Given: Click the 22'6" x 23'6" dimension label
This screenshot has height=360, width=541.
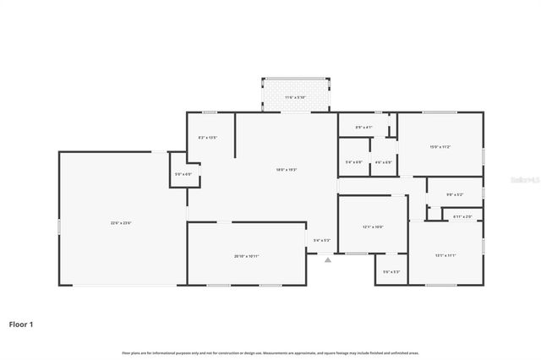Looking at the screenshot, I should point(121,223).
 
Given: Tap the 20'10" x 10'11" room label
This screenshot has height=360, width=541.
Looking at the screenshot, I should point(247,256).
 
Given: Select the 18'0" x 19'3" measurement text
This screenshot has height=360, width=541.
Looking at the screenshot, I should point(286,170).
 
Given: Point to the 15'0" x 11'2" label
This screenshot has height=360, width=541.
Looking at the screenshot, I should point(440,147).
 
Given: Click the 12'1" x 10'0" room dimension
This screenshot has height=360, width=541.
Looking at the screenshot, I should point(373,226).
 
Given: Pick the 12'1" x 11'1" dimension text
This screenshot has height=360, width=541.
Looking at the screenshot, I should point(445,255).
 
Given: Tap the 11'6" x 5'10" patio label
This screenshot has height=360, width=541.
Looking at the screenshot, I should point(295,97).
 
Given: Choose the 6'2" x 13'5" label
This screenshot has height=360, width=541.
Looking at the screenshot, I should point(208,137).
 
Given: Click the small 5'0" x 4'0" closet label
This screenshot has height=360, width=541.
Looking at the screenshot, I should point(183,174).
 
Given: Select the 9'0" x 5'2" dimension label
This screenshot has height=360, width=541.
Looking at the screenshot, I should point(454,194).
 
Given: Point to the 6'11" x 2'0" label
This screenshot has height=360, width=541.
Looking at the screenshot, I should point(462,216).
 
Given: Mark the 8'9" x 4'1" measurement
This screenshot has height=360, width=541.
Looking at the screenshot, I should point(363,128).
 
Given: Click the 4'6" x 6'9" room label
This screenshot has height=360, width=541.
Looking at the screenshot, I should point(383,162).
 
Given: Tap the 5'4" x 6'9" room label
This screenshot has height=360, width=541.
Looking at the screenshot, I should point(354,162).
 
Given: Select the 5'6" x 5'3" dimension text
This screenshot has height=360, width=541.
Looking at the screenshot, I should point(391,271).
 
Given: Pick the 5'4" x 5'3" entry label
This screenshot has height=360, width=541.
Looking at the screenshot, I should point(321,240).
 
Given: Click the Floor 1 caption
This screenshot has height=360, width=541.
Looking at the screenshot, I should point(21,324).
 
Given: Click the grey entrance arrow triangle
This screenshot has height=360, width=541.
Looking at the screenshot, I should point(327,259).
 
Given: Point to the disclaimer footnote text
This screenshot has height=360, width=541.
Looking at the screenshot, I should point(270,352).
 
